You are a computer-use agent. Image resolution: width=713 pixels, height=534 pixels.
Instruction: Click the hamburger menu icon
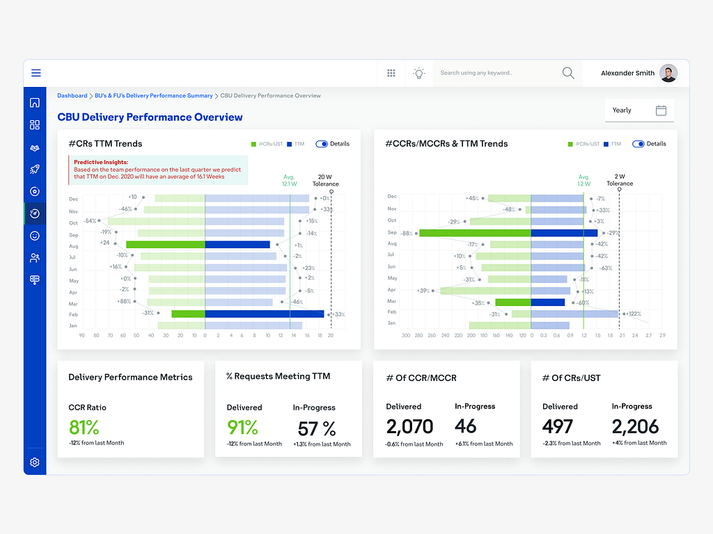(x=36, y=73)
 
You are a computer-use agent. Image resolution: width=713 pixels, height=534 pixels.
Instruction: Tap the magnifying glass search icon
(x=568, y=73)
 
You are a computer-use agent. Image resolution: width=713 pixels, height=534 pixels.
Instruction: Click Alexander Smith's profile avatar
(x=668, y=73)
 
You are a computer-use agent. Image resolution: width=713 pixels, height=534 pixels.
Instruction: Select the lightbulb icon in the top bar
(x=418, y=73)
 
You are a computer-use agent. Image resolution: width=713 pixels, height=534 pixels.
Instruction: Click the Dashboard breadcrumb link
(x=72, y=96)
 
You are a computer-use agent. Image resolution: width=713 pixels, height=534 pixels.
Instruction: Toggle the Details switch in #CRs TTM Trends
(x=322, y=144)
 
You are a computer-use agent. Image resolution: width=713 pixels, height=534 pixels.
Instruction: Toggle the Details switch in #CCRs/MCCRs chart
(x=638, y=144)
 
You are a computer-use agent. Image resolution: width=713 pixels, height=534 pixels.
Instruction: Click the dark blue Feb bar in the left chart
(x=265, y=314)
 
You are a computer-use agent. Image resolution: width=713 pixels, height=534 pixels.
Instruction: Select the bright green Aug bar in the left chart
(x=165, y=245)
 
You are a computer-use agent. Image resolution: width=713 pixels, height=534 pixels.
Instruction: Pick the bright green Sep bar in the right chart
(x=475, y=234)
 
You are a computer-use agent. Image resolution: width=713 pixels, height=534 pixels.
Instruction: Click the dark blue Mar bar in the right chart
(x=547, y=302)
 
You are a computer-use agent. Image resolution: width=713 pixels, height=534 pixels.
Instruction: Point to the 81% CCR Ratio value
(x=84, y=427)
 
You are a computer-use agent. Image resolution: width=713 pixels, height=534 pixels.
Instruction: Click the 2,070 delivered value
(x=409, y=426)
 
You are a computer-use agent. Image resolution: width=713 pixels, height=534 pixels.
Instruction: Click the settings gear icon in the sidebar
(x=35, y=462)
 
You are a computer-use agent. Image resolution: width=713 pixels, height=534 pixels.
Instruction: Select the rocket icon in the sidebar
(x=35, y=169)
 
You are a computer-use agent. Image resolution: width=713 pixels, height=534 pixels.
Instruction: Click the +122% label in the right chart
(x=634, y=314)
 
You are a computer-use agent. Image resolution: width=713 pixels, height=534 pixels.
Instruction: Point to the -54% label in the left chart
(x=90, y=221)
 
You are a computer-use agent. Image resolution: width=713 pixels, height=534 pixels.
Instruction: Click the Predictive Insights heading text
(x=101, y=162)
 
